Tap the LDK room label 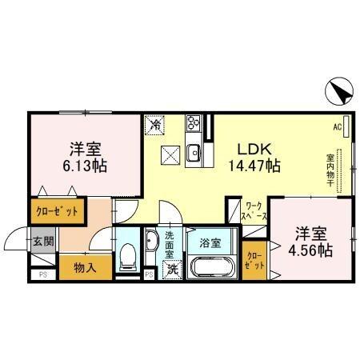pos(254,149)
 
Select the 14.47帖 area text pos(255,166)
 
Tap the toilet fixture pos(126,258)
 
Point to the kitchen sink pos(193,151)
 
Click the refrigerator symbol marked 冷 pos(154,125)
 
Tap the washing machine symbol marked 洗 pos(172,269)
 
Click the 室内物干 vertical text pos(330,169)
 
